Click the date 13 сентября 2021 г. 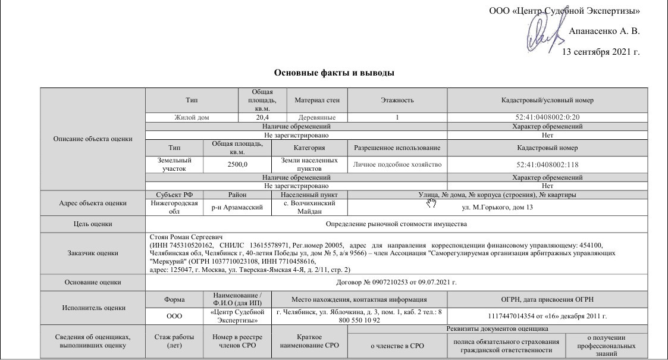tap(601, 52)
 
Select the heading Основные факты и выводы tap(334, 73)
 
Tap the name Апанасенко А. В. tap(604, 32)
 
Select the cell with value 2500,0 tap(237, 164)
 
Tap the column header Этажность tap(397, 101)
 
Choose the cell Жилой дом tap(192, 118)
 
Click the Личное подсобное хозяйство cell tap(397, 164)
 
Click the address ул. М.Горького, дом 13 tap(497, 208)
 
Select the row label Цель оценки tap(92, 224)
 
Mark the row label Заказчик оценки tap(92, 253)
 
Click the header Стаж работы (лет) tap(174, 341)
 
